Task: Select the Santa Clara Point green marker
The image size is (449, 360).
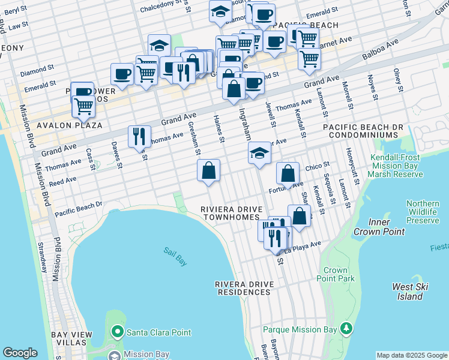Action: (117, 332)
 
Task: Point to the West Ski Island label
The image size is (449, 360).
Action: (411, 292)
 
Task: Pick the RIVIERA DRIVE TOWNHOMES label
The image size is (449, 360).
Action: (232, 212)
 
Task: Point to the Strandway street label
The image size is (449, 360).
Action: (43, 257)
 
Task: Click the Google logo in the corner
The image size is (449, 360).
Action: (20, 353)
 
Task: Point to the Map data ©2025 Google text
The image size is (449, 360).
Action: (411, 355)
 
